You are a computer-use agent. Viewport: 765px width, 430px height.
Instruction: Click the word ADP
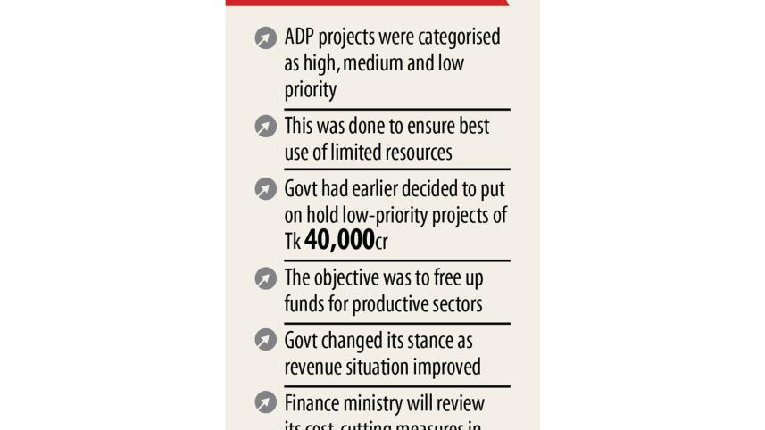point(301,37)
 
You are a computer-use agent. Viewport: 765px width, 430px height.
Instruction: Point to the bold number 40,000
point(339,240)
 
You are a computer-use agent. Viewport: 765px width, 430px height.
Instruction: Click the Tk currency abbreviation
point(293,241)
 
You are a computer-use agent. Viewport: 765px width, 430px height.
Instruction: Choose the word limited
point(354,153)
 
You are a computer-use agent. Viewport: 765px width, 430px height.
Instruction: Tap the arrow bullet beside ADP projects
point(265,37)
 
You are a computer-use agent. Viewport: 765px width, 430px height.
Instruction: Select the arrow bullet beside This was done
point(265,126)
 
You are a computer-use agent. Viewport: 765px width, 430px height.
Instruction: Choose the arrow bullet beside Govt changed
point(265,340)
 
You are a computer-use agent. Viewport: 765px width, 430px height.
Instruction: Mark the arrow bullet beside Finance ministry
point(265,402)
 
